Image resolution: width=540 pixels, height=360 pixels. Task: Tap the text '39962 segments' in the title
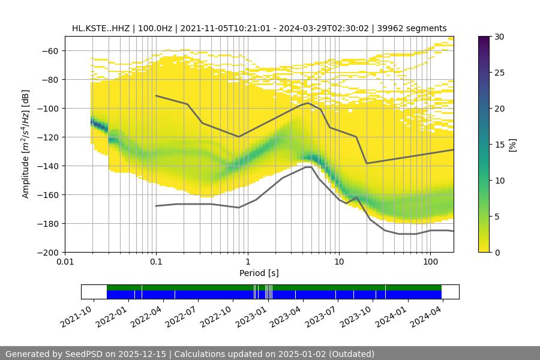point(415,28)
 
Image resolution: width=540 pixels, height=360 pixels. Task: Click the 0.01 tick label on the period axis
point(65,262)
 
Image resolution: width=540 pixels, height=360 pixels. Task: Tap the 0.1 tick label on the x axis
point(156,262)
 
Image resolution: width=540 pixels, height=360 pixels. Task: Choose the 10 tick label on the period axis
point(339,262)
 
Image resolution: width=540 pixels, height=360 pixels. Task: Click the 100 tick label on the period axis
point(430,262)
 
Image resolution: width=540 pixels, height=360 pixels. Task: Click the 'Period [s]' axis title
point(259,274)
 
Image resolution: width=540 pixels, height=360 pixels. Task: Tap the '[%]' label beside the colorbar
point(512,145)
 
